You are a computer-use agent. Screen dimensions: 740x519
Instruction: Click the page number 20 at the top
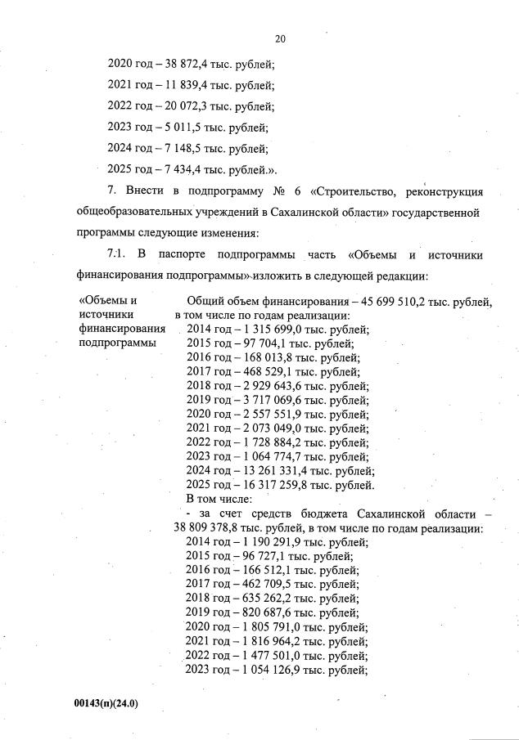click(280, 38)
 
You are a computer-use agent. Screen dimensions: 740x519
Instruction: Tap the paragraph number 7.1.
click(119, 254)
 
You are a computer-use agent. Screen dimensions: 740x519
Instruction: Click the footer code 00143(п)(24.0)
click(103, 702)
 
